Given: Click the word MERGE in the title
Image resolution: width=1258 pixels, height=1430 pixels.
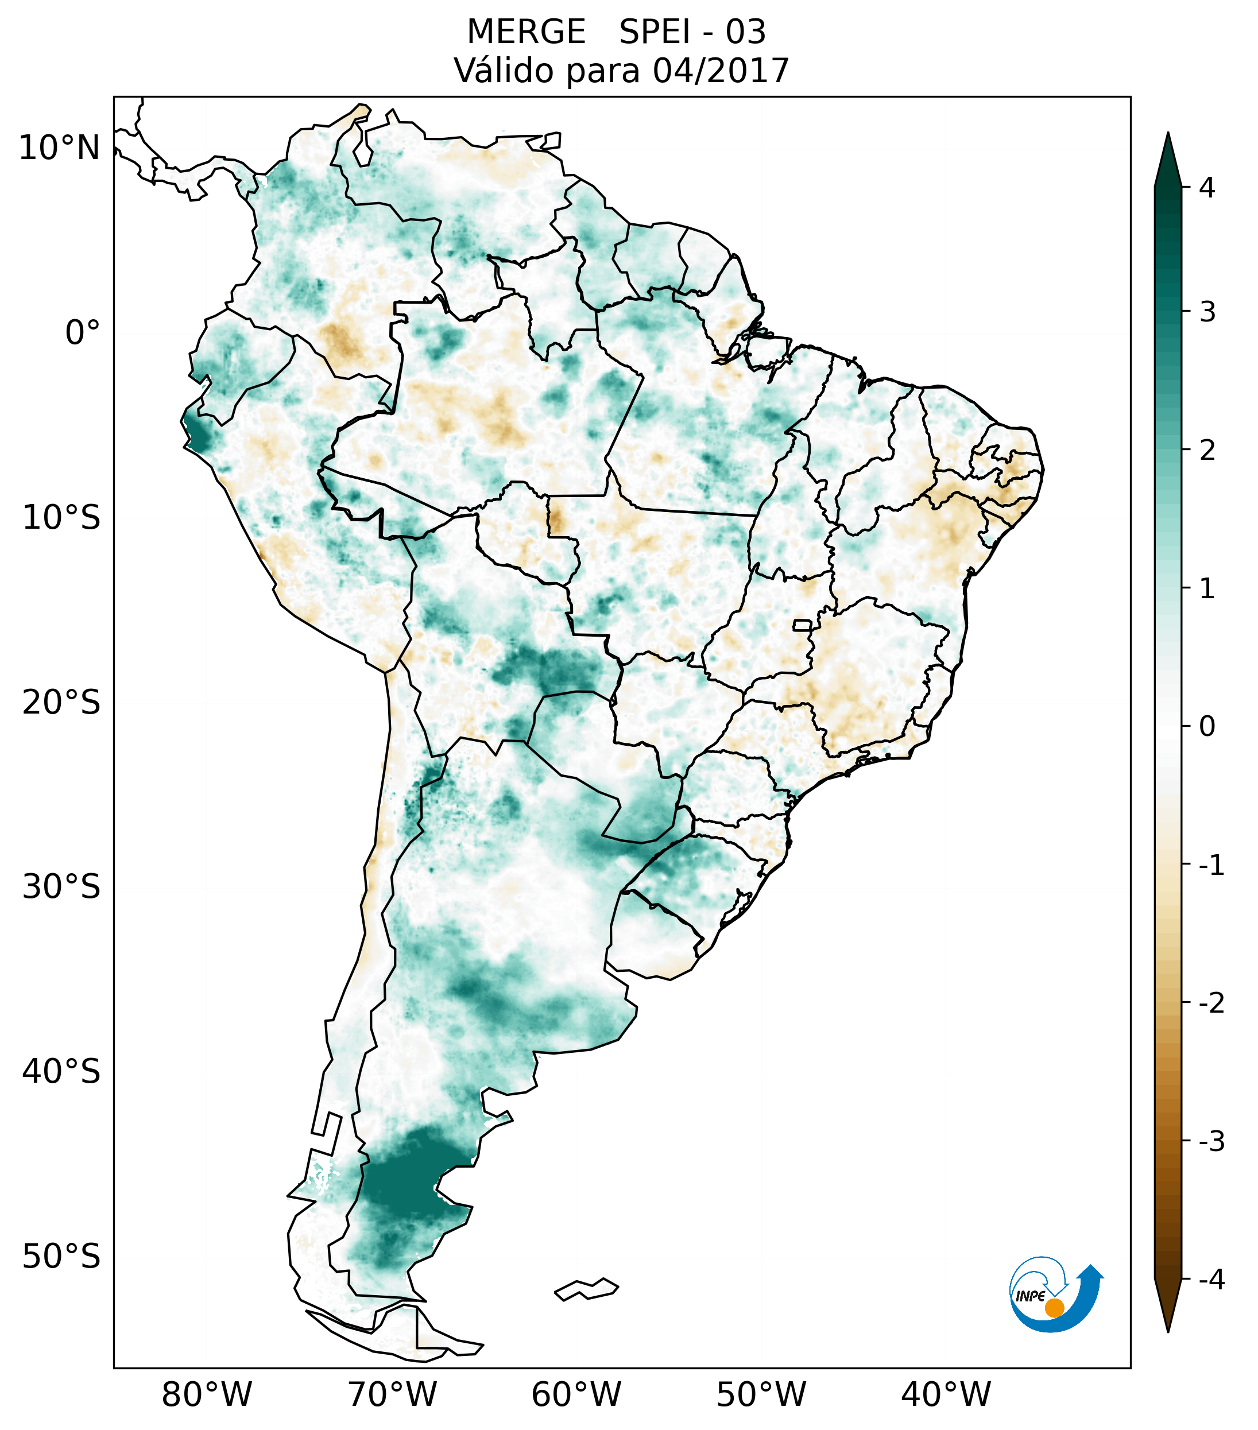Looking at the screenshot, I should [526, 32].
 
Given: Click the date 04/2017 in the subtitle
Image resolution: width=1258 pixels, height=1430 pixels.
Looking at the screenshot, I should [721, 71].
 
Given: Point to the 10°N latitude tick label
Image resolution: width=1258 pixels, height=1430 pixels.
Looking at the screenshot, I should [60, 148].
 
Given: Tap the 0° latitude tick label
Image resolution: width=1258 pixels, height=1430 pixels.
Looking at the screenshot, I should [83, 333].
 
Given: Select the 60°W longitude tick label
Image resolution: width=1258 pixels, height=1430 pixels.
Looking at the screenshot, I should [576, 1394].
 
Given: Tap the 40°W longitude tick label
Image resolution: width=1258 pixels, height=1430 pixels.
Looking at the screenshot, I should [946, 1394].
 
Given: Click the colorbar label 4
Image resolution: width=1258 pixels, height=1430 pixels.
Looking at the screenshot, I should [1207, 188].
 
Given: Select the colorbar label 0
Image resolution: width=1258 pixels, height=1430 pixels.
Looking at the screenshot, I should [1207, 727].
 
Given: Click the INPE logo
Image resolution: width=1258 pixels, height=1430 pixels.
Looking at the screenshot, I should [1055, 1293].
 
